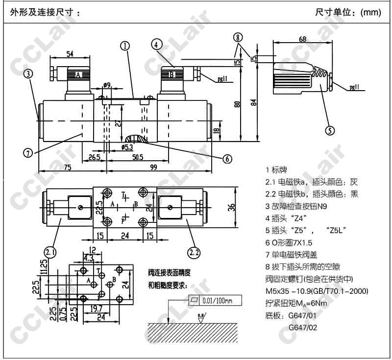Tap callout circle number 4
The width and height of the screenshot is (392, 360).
tap(156, 44)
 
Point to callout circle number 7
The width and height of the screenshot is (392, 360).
tap(27, 152)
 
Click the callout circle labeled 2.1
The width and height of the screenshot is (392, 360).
tap(49, 252)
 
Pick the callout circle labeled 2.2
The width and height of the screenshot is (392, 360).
tap(194, 252)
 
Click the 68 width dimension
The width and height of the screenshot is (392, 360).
tap(302, 39)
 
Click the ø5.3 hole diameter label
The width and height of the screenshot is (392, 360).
tap(126, 146)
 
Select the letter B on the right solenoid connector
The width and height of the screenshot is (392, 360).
tap(171, 75)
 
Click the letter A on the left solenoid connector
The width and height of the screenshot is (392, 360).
tap(77, 75)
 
